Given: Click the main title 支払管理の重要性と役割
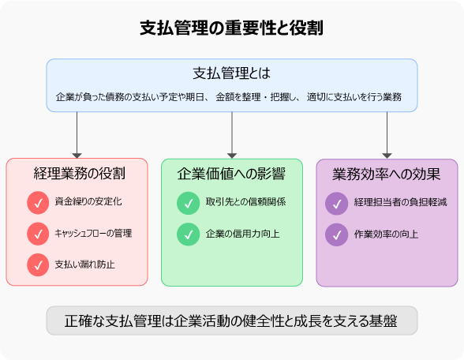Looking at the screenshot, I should point(231,28).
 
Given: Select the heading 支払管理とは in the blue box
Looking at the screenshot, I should point(231,73).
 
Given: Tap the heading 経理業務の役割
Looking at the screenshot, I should point(77,173).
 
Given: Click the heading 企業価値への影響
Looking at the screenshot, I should point(232,173).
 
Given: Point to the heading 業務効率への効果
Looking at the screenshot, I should point(387,173).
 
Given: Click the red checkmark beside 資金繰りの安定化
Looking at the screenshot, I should point(38,203).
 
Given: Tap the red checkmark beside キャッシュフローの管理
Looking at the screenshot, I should point(38,234).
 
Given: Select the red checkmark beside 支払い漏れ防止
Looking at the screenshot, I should point(38,264).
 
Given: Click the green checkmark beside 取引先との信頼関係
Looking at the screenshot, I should point(188,203).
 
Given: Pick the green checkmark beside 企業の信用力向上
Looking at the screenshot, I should point(188,234).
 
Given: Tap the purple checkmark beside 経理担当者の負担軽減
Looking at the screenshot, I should point(336,203).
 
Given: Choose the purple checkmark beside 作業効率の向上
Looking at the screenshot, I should point(336,234).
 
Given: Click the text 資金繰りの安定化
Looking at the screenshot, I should point(88,203).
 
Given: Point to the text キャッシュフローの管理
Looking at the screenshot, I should point(93,234).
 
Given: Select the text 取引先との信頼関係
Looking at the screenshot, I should point(245,203).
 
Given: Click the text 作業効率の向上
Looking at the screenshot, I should point(387,234).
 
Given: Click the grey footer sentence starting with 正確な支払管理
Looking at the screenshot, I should point(231,321).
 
